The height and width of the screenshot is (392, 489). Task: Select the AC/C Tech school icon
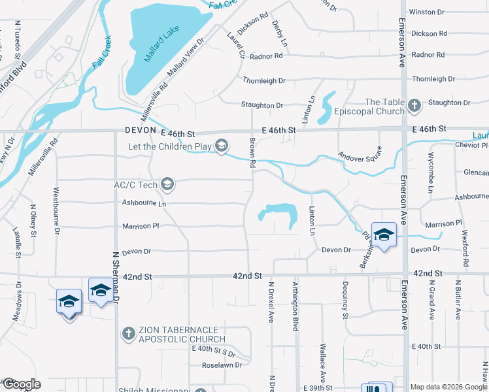pyautogui.click(x=167, y=185)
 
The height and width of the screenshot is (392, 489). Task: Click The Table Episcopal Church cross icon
pyautogui.click(x=414, y=105)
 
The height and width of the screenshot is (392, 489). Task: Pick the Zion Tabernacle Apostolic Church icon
pyautogui.click(x=129, y=334)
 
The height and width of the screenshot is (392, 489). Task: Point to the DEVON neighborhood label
pyautogui.click(x=141, y=131)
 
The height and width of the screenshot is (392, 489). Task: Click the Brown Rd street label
pyautogui.click(x=251, y=154)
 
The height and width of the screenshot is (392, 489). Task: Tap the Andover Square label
pyautogui.click(x=359, y=157)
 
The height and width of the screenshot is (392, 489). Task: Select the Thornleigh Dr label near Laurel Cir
pyautogui.click(x=264, y=80)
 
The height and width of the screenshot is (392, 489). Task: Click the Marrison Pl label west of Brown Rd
pyautogui.click(x=141, y=227)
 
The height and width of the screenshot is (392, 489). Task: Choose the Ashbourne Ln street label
pyautogui.click(x=144, y=203)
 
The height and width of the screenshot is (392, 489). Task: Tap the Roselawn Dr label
pyautogui.click(x=221, y=365)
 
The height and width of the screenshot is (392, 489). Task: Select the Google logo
pyautogui.click(x=21, y=384)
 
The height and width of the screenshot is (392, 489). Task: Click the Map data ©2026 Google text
pyautogui.click(x=448, y=387)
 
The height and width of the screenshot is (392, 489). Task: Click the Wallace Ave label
pyautogui.click(x=322, y=363)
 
